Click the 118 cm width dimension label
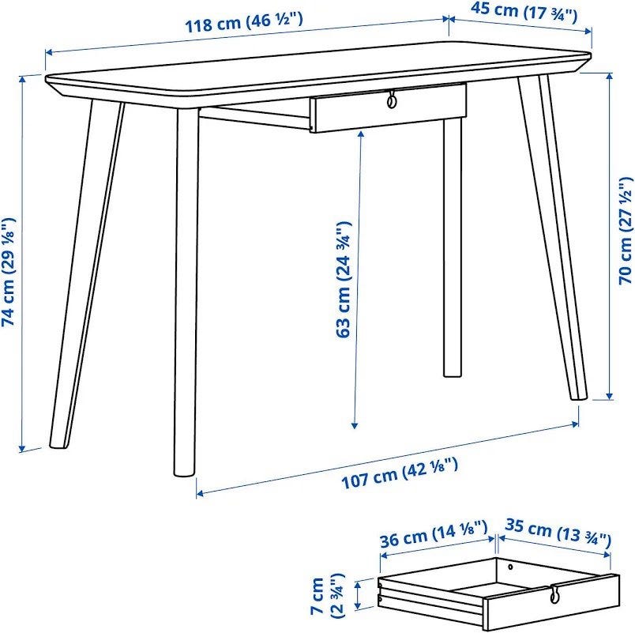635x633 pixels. (244, 22)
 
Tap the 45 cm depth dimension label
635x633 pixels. (523, 11)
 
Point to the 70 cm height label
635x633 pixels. (626, 231)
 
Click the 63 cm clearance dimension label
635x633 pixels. (343, 279)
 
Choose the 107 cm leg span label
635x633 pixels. (400, 473)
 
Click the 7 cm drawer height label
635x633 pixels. (326, 596)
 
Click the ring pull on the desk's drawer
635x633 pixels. (391, 100)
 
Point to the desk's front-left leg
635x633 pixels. (186, 291)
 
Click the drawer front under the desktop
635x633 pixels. (389, 107)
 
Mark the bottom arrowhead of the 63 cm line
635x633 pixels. (355, 424)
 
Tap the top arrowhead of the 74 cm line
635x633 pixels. (22, 79)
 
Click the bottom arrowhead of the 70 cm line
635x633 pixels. (609, 396)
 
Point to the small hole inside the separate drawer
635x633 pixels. (510, 567)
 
